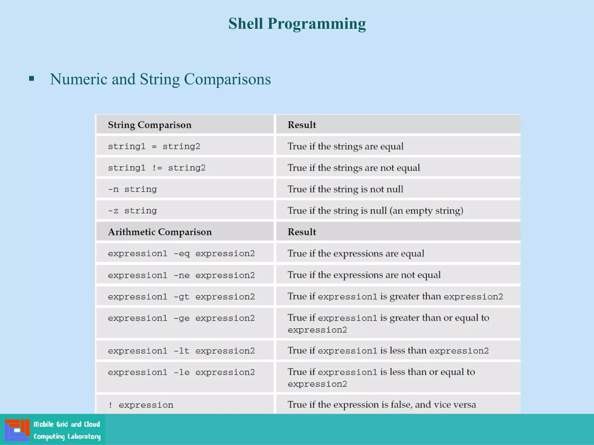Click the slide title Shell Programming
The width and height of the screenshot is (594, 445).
[297, 24]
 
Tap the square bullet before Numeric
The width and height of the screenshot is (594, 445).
[32, 79]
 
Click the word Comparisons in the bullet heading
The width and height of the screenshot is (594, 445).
[227, 79]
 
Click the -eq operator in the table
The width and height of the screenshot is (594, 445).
[182, 254]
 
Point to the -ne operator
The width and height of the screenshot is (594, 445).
[182, 275]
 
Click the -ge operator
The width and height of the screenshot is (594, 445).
[182, 318]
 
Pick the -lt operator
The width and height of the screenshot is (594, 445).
[182, 351]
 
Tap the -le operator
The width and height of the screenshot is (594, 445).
[182, 372]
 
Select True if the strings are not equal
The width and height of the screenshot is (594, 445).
[354, 168]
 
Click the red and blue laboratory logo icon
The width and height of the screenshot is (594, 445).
[17, 430]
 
